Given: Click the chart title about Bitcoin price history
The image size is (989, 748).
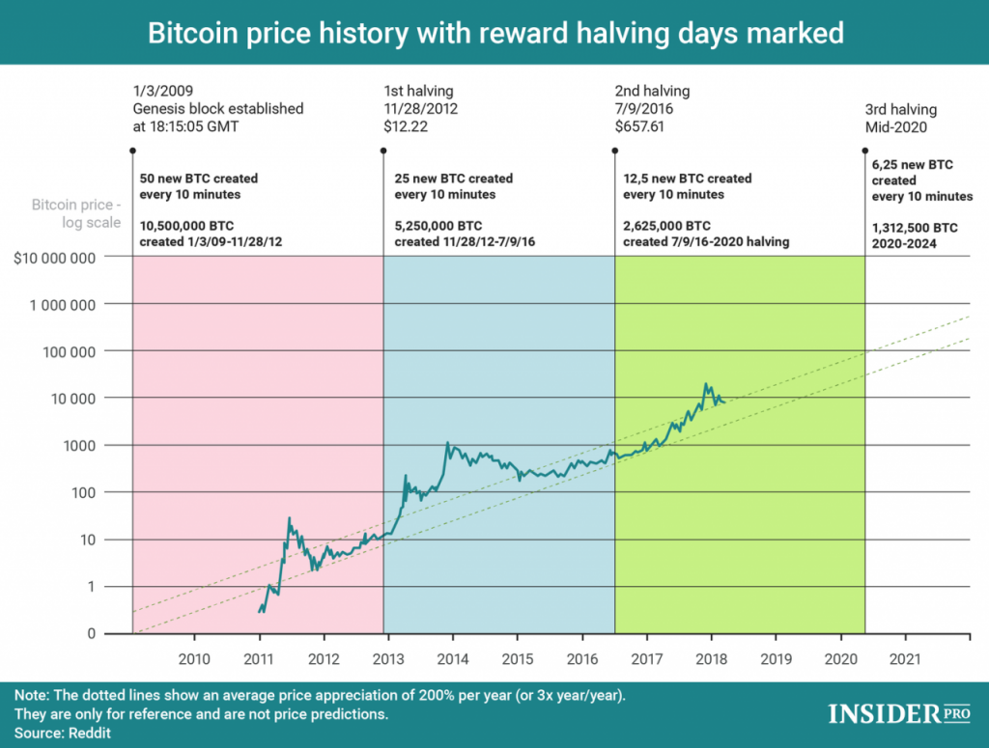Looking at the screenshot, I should (x=494, y=33).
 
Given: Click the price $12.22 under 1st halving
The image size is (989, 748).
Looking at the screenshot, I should (x=406, y=126).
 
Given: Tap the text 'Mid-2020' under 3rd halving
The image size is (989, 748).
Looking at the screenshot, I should (x=895, y=126).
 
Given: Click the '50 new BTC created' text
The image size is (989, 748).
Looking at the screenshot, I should (x=200, y=179).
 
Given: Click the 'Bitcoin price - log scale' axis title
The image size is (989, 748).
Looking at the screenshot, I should (x=76, y=213).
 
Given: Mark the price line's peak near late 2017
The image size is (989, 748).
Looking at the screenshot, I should (x=707, y=383).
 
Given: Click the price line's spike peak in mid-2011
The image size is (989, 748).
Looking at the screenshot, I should (x=289, y=518).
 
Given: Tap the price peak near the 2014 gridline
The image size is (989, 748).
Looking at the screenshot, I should (x=447, y=443).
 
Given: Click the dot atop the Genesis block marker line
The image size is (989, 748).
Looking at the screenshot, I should (x=132, y=150).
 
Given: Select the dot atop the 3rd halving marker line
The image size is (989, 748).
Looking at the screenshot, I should (x=864, y=150).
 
